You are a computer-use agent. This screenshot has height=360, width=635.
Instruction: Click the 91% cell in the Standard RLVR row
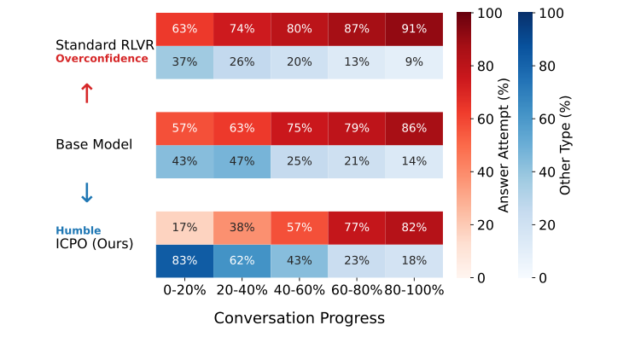pyautogui.click(x=414, y=29)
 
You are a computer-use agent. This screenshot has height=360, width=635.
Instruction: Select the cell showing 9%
pyautogui.click(x=414, y=61)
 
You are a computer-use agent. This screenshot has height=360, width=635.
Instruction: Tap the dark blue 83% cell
pyautogui.click(x=184, y=261)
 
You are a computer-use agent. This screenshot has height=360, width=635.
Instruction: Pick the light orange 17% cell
pyautogui.click(x=184, y=228)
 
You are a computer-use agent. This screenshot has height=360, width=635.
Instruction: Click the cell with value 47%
pyautogui.click(x=242, y=161)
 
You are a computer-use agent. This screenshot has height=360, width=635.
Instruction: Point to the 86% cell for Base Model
pyautogui.click(x=414, y=128)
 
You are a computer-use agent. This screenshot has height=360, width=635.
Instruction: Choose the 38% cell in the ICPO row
pyautogui.click(x=242, y=228)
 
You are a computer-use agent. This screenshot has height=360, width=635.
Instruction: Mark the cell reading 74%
pyautogui.click(x=242, y=29)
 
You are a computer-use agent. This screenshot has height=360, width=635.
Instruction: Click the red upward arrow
pyautogui.click(x=86, y=93)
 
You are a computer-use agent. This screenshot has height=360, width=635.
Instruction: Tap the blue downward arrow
pyautogui.click(x=86, y=194)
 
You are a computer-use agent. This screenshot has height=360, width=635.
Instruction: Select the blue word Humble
pyautogui.click(x=79, y=230)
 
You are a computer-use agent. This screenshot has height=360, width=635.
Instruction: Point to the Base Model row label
pyautogui.click(x=94, y=144)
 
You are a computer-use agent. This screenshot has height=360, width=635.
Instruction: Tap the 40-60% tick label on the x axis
pyautogui.click(x=299, y=290)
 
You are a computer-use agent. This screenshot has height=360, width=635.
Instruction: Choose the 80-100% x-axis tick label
pyautogui.click(x=414, y=290)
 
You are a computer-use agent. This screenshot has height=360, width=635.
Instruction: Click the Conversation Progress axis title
pyautogui.click(x=299, y=318)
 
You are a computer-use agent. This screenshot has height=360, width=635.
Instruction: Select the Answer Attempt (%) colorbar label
pyautogui.click(x=504, y=145)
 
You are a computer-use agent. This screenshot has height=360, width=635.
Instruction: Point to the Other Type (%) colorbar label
pyautogui.click(x=565, y=145)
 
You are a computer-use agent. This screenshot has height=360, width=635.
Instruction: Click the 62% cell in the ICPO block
pyautogui.click(x=242, y=261)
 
